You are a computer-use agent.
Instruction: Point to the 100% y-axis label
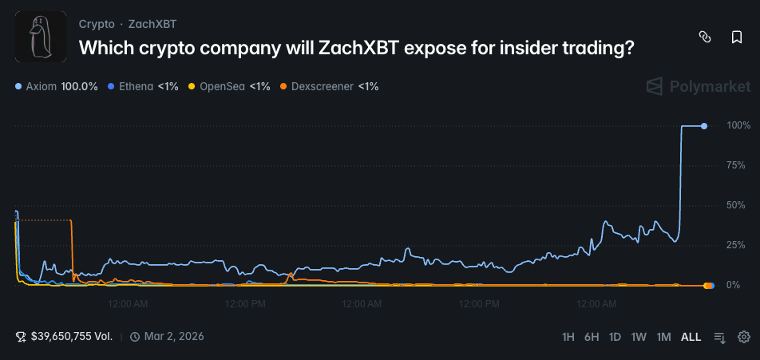pyautogui.click(x=738, y=125)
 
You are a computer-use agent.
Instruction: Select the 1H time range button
pyautogui.click(x=568, y=337)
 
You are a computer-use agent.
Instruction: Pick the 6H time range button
pyautogui.click(x=592, y=337)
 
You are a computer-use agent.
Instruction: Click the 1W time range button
pyautogui.click(x=639, y=337)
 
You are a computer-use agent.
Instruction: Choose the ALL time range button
pyautogui.click(x=691, y=337)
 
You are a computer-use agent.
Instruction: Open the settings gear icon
pyautogui.click(x=743, y=337)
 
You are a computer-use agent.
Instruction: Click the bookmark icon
pyautogui.click(x=737, y=37)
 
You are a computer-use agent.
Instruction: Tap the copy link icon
pyautogui.click(x=705, y=37)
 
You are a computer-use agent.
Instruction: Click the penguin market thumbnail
pyautogui.click(x=41, y=37)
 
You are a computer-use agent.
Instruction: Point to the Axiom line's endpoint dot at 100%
pyautogui.click(x=703, y=126)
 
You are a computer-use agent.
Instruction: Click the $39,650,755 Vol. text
pyautogui.click(x=71, y=337)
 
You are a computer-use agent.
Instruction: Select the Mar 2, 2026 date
pyautogui.click(x=173, y=337)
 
